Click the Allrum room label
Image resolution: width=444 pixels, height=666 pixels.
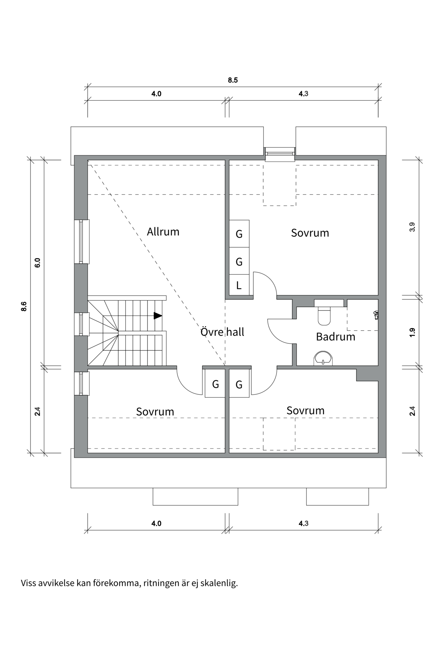(x=163, y=232)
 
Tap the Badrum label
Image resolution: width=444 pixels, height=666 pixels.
(x=335, y=337)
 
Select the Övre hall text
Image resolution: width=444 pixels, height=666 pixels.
(x=222, y=332)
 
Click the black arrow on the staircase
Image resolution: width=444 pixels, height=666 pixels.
(x=158, y=316)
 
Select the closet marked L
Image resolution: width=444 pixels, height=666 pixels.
(x=239, y=285)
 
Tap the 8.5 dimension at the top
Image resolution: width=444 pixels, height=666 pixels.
(x=233, y=80)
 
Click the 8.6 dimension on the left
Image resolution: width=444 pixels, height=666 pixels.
(x=24, y=307)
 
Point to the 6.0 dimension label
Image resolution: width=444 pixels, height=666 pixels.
(x=37, y=263)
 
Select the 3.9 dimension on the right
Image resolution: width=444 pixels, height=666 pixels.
(x=412, y=227)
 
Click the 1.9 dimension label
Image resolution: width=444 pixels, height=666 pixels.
(x=412, y=332)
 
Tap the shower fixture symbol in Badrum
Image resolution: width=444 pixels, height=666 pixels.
(x=376, y=315)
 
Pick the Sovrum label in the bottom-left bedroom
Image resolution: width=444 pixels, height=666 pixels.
(x=155, y=412)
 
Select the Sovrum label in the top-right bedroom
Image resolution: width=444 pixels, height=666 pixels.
(x=310, y=233)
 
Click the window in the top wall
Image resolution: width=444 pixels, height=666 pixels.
(x=280, y=153)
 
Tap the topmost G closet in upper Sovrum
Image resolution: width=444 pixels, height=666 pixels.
(x=239, y=234)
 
